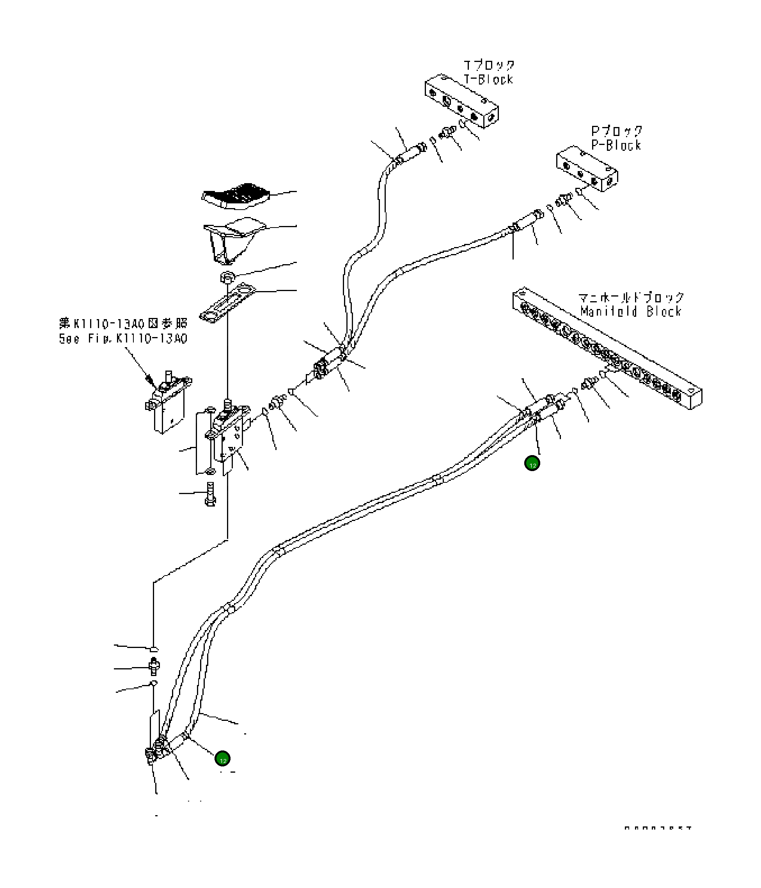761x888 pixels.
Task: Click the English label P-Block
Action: (x=616, y=145)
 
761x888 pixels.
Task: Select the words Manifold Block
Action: (x=631, y=312)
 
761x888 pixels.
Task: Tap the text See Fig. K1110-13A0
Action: (x=123, y=339)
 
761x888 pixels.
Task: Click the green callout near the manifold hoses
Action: (x=532, y=463)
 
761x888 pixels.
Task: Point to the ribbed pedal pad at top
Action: (x=236, y=197)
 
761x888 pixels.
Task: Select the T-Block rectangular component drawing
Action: (x=461, y=101)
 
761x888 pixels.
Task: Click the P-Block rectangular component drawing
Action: (x=587, y=168)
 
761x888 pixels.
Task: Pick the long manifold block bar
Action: (x=607, y=348)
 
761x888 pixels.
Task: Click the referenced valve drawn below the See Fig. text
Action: (x=167, y=405)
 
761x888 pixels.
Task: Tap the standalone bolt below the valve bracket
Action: (x=210, y=494)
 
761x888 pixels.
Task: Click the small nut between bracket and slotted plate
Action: (x=227, y=277)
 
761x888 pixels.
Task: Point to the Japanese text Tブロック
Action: (x=489, y=65)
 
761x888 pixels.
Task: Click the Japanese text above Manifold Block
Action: (x=631, y=297)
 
